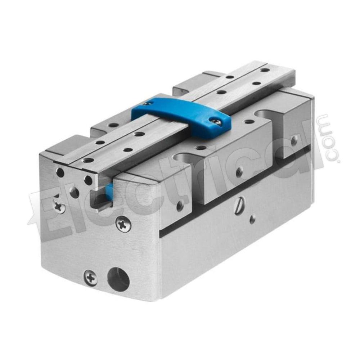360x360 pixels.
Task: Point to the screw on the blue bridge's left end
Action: tap(145, 104)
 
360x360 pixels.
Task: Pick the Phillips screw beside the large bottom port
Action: tap(91, 279)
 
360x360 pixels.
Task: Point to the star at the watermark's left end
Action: tap(35, 215)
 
